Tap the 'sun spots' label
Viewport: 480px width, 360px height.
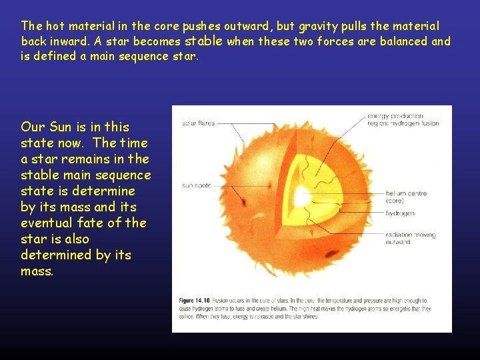coord(196,185)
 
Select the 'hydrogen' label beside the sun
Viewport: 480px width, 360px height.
coord(400,213)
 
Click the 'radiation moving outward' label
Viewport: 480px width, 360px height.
coord(411,238)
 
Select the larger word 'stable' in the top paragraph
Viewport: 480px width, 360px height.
coord(203,41)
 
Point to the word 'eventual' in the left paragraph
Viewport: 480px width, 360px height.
coord(47,223)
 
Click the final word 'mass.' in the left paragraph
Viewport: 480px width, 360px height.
coord(37,271)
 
